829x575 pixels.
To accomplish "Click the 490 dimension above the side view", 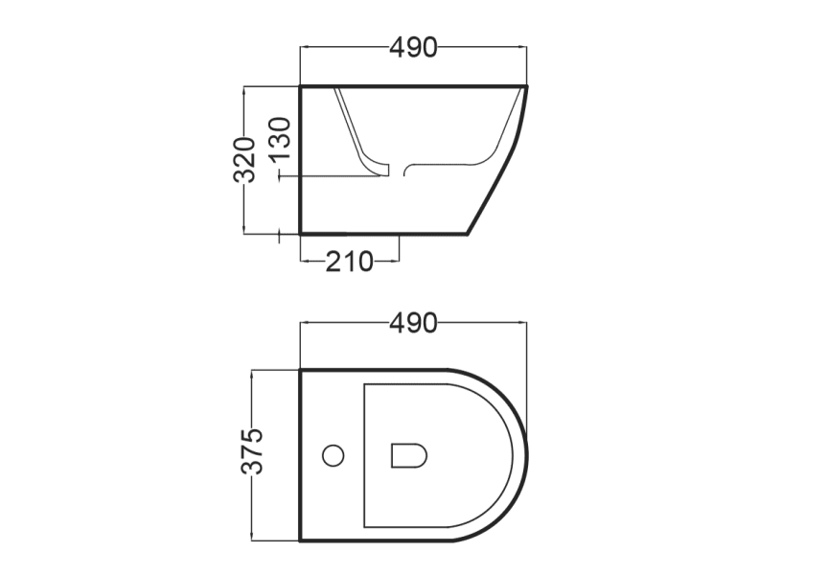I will (413, 47).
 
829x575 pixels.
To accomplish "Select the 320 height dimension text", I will (245, 159).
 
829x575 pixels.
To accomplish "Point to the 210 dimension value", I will (349, 261).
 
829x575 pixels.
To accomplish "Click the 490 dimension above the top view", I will (413, 324).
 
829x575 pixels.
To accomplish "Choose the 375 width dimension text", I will (252, 452).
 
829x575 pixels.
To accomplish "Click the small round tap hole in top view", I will (333, 455).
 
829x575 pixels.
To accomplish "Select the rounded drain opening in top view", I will (409, 455).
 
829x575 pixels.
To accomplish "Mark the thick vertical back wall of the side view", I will (301, 160).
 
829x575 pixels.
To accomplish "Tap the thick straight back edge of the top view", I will (301, 455).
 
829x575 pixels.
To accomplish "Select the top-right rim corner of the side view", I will (526, 87).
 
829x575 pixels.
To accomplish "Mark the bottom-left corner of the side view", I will (302, 233).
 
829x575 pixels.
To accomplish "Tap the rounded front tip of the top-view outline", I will (525, 455).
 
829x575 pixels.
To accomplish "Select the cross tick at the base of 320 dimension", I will (279, 233).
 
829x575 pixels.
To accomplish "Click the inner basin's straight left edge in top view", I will (364, 455).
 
